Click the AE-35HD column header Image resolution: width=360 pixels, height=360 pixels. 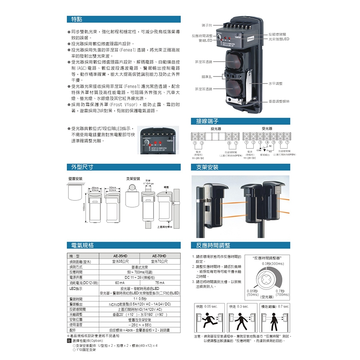click(120, 256)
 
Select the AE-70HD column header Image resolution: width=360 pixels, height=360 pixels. click(159, 256)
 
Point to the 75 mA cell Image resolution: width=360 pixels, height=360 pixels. click(159, 283)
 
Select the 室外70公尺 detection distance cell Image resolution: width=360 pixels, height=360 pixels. click(159, 261)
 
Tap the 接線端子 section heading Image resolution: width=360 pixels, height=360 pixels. click(207, 120)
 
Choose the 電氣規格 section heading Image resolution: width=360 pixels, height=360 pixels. click(82, 245)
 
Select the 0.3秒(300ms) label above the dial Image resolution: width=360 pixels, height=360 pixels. click(273, 264)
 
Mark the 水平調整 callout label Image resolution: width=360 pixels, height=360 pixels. click(276, 83)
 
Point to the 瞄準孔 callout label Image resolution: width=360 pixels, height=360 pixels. click(207, 76)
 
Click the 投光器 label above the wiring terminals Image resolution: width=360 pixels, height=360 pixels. click(216, 128)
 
